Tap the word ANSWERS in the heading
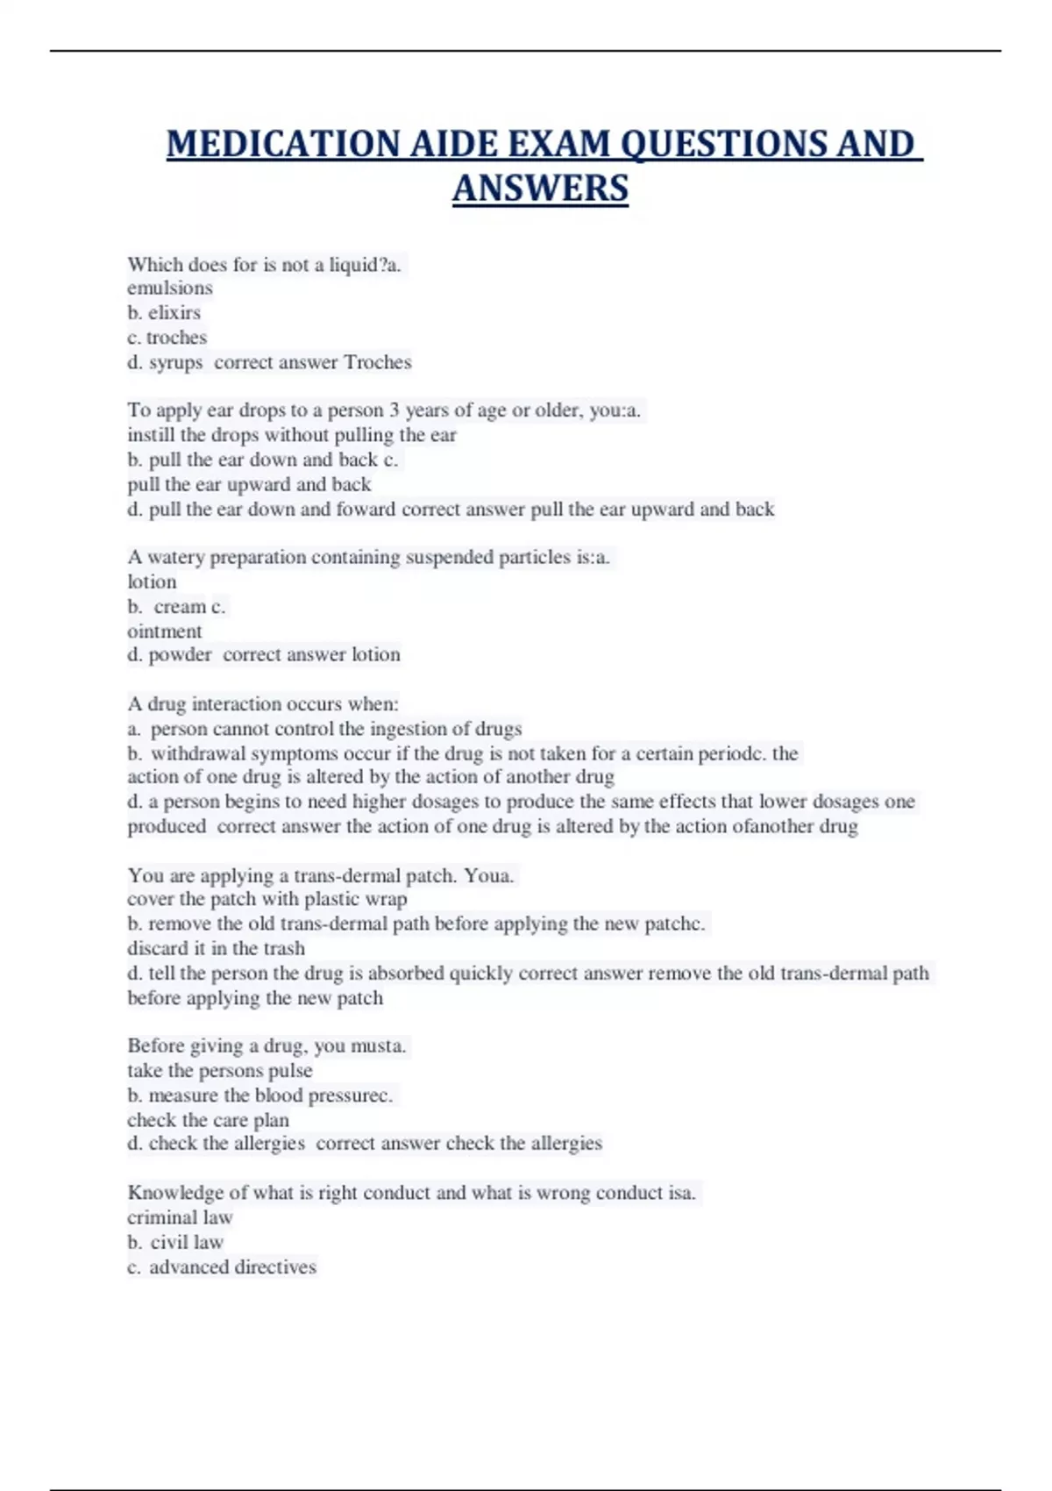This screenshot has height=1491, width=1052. click(x=540, y=189)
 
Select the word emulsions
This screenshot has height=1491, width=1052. click(x=170, y=288)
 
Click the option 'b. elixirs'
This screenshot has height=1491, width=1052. click(x=164, y=312)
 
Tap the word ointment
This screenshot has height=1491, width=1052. click(x=165, y=631)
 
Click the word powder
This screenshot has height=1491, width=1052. click(x=180, y=654)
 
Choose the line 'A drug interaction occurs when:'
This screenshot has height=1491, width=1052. click(x=263, y=703)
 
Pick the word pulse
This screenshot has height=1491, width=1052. click(x=290, y=1071)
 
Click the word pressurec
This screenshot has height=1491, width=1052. click(x=350, y=1095)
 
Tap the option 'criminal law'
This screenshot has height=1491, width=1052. click(x=180, y=1217)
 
